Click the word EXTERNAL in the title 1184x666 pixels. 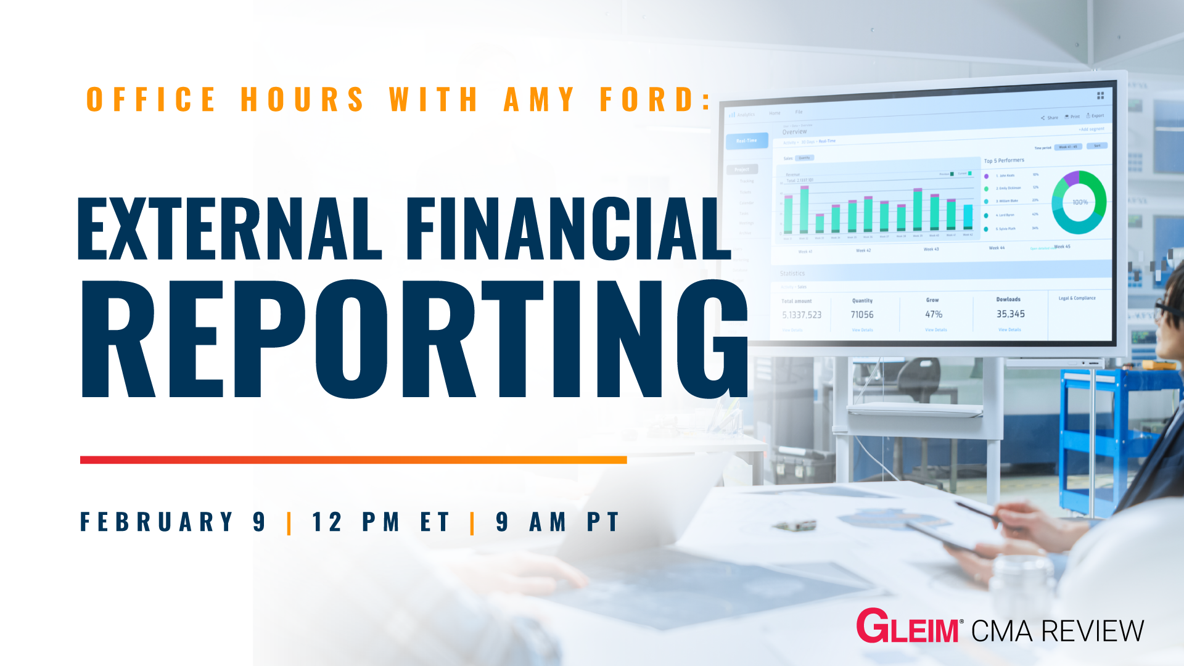click(229, 228)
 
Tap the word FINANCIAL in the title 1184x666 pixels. click(567, 228)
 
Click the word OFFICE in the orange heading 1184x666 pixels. click(151, 99)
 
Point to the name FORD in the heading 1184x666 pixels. click(647, 99)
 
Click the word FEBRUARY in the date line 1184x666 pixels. click(157, 522)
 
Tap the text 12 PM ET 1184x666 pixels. click(380, 522)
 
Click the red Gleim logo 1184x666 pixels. click(907, 628)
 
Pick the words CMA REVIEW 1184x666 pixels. click(1058, 631)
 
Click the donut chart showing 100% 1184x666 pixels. click(1079, 202)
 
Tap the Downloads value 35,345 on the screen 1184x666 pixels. click(1011, 314)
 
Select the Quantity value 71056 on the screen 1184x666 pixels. click(862, 314)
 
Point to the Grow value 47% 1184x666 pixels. click(934, 314)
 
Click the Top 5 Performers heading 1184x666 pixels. click(1004, 160)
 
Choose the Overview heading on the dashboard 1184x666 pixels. click(794, 131)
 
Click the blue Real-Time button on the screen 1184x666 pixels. click(747, 141)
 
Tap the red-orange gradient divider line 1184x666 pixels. click(353, 459)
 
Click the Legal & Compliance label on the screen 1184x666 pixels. click(1077, 298)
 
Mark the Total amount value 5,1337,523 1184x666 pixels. click(802, 314)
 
